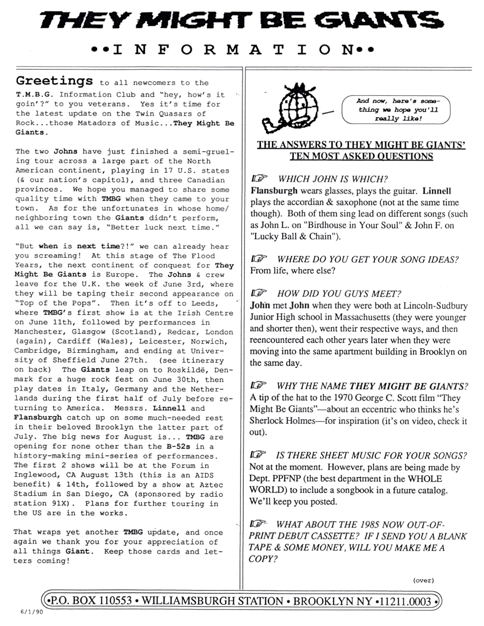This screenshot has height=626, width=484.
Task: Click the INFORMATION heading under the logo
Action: click(x=233, y=50)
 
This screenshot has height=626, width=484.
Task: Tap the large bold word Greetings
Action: click(x=54, y=81)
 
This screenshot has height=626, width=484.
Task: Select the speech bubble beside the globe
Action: click(x=396, y=110)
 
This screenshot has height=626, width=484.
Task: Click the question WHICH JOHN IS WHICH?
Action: click(x=333, y=179)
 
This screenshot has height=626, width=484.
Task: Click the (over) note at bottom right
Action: click(x=423, y=580)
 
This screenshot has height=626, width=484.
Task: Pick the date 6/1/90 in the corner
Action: click(x=32, y=612)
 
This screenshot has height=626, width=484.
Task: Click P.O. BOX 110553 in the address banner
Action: click(x=89, y=601)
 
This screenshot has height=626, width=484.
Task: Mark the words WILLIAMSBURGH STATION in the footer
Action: click(x=212, y=601)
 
